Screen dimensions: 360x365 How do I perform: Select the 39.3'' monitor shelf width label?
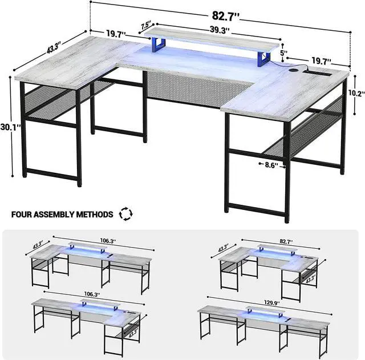coord(217,30)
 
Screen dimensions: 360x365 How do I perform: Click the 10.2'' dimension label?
coord(356,92)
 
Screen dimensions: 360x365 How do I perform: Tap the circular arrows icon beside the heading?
coord(125,215)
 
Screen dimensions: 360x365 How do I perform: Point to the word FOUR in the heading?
coord(23,215)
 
